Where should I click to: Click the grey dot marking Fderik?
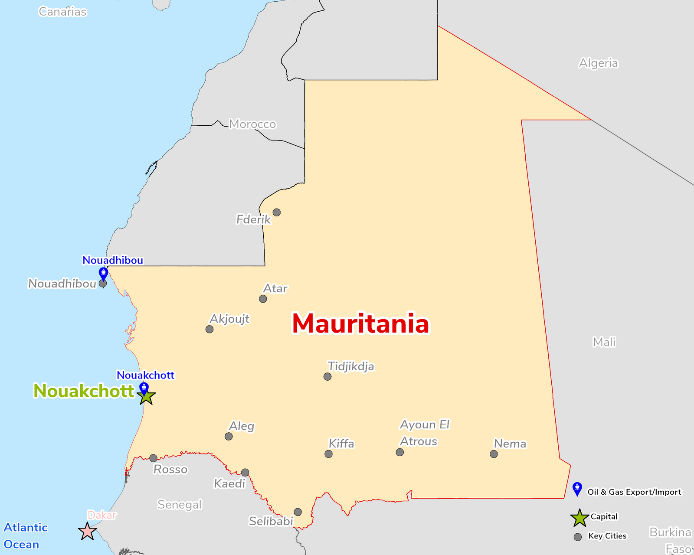tap(276, 212)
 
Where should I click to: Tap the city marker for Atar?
tap(263, 299)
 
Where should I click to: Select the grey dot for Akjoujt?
tap(210, 329)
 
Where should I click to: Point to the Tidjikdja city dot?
tap(327, 377)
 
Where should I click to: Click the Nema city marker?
tap(494, 454)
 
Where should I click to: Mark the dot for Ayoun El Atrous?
tap(400, 452)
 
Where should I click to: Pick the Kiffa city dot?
tap(328, 454)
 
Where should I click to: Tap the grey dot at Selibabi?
tap(298, 512)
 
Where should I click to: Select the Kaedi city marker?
tap(245, 473)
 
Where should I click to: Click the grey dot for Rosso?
tap(153, 458)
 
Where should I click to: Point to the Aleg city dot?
tap(229, 436)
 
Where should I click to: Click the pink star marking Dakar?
tap(87, 532)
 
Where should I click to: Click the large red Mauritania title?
tap(360, 324)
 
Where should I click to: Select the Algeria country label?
tap(598, 63)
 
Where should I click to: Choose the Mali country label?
tap(604, 342)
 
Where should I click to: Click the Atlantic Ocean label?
tap(25, 536)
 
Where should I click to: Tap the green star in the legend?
tap(579, 518)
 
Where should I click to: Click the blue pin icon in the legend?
tap(577, 489)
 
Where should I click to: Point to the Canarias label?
tap(62, 12)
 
